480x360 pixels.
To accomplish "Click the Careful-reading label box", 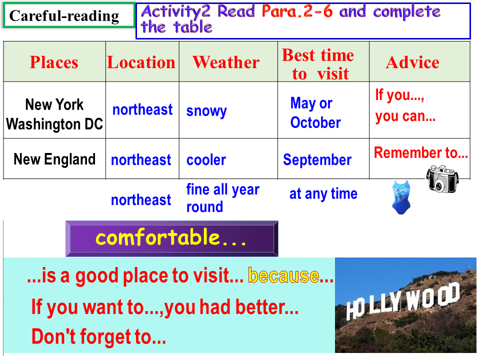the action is click(69, 15).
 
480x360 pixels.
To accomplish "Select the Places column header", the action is click(54, 62).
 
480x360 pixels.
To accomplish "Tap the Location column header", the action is click(141, 62).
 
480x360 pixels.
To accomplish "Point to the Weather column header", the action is click(226, 62).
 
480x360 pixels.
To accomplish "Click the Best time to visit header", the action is click(318, 64).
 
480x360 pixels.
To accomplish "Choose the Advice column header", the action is click(412, 62).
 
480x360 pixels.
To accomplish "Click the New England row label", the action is click(54, 159).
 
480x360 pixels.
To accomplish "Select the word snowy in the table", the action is click(206, 110).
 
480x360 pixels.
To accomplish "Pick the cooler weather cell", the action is click(206, 160).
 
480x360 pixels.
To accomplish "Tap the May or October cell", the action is click(315, 112).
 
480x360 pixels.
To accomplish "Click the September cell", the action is click(317, 160).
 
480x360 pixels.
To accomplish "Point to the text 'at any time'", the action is click(323, 194).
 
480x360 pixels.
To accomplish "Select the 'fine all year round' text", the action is click(223, 198).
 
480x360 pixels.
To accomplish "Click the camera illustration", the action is click(442, 179).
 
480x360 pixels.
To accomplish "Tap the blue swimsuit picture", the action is click(401, 197).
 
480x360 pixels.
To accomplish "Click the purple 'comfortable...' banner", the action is click(171, 238).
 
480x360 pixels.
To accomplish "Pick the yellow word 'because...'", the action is click(290, 275).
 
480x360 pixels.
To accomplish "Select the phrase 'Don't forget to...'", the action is click(99, 336).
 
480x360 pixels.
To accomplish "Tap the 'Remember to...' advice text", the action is click(421, 152).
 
